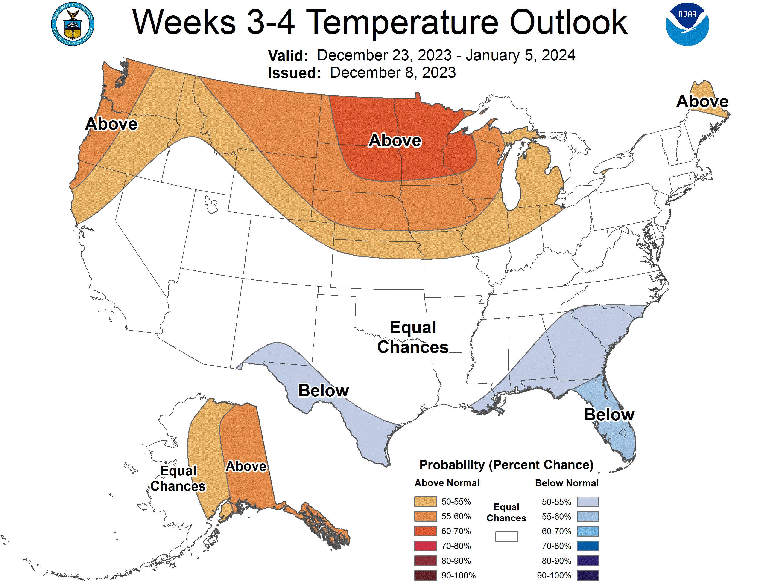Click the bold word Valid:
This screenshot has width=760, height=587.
tap(287, 56)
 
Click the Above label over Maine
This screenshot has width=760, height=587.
tap(702, 101)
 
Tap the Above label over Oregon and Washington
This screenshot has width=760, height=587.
tap(111, 124)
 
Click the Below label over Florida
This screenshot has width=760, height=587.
tap(609, 415)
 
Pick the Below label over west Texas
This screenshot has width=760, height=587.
tap(323, 390)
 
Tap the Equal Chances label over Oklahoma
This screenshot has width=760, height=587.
tap(413, 337)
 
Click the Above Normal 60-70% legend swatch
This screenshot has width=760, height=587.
tap(425, 531)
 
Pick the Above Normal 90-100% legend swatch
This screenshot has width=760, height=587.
tap(425, 575)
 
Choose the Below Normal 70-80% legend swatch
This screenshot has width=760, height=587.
tap(588, 546)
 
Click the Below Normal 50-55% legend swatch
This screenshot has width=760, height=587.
tap(588, 501)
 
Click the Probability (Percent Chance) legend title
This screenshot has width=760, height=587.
tap(506, 465)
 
